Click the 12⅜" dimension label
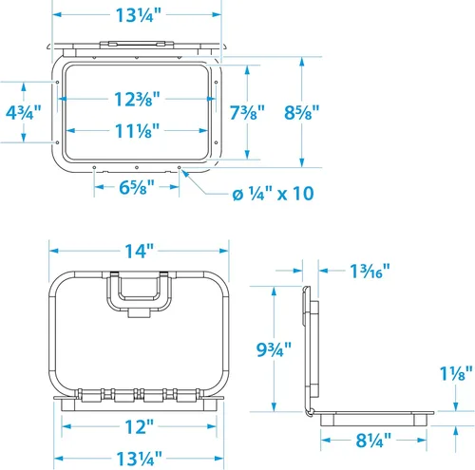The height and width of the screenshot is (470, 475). coord(137,99)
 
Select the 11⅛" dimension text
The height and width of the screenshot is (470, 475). coord(137,131)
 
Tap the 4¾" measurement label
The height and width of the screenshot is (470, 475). coord(24,112)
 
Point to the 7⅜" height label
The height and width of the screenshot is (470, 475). coord(247,112)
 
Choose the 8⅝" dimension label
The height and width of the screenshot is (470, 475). coord(302,112)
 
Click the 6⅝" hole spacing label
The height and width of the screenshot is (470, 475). coord(137,187)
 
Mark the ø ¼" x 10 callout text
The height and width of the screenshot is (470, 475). coord(273,193)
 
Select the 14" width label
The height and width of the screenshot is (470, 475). coord(139,251)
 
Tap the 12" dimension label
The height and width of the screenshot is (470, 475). coord(139,426)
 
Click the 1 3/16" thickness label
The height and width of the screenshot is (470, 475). coord(370,271)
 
